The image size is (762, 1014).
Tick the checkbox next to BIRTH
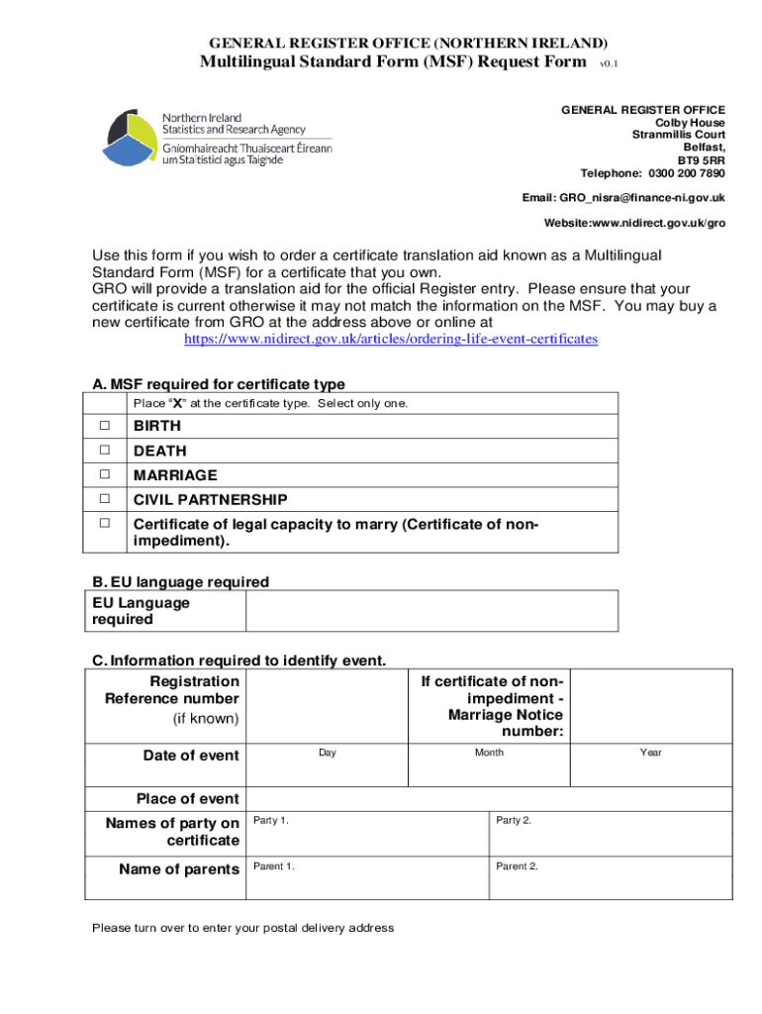click(104, 426)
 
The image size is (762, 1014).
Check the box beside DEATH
click(104, 451)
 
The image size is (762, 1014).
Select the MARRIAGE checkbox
click(104, 475)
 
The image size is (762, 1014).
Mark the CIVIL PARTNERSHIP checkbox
click(104, 499)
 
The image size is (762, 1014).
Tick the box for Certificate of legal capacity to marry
click(104, 523)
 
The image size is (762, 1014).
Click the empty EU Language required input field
click(430, 611)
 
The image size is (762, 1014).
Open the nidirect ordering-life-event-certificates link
click(391, 339)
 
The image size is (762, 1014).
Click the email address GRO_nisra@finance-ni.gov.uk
click(641, 197)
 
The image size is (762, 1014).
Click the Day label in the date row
click(327, 754)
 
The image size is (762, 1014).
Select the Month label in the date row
click(489, 754)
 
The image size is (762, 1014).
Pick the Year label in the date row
click(650, 754)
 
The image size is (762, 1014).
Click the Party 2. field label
click(514, 821)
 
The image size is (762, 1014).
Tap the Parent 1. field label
click(274, 866)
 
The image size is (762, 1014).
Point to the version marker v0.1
click(614, 64)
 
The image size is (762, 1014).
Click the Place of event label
click(187, 799)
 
